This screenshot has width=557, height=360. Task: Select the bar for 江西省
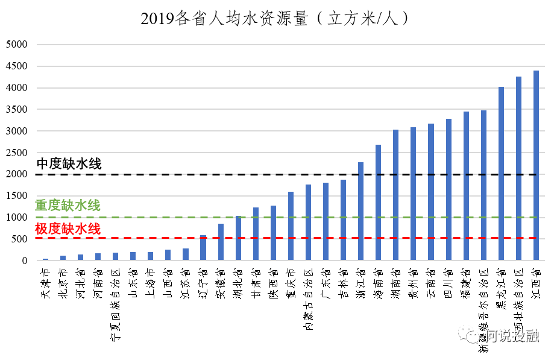pyautogui.click(x=536, y=166)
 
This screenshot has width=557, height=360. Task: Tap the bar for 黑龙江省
pyautogui.click(x=501, y=174)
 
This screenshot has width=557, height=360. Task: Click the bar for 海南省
pyautogui.click(x=378, y=203)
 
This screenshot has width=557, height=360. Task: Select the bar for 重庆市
pyautogui.click(x=291, y=226)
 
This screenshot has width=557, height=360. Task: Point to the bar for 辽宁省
pyautogui.click(x=203, y=248)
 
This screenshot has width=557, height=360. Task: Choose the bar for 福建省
pyautogui.click(x=466, y=186)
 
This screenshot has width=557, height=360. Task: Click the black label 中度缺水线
pyautogui.click(x=69, y=163)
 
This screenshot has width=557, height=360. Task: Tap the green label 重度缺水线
pyautogui.click(x=68, y=206)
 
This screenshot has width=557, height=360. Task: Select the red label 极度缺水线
pyautogui.click(x=68, y=229)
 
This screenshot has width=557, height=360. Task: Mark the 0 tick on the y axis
pyautogui.click(x=25, y=261)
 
